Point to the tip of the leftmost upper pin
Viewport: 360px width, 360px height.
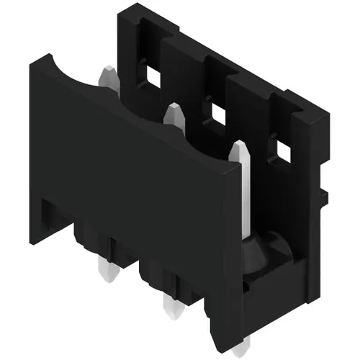tap(106, 72)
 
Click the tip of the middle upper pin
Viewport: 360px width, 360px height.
tap(171, 109)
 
